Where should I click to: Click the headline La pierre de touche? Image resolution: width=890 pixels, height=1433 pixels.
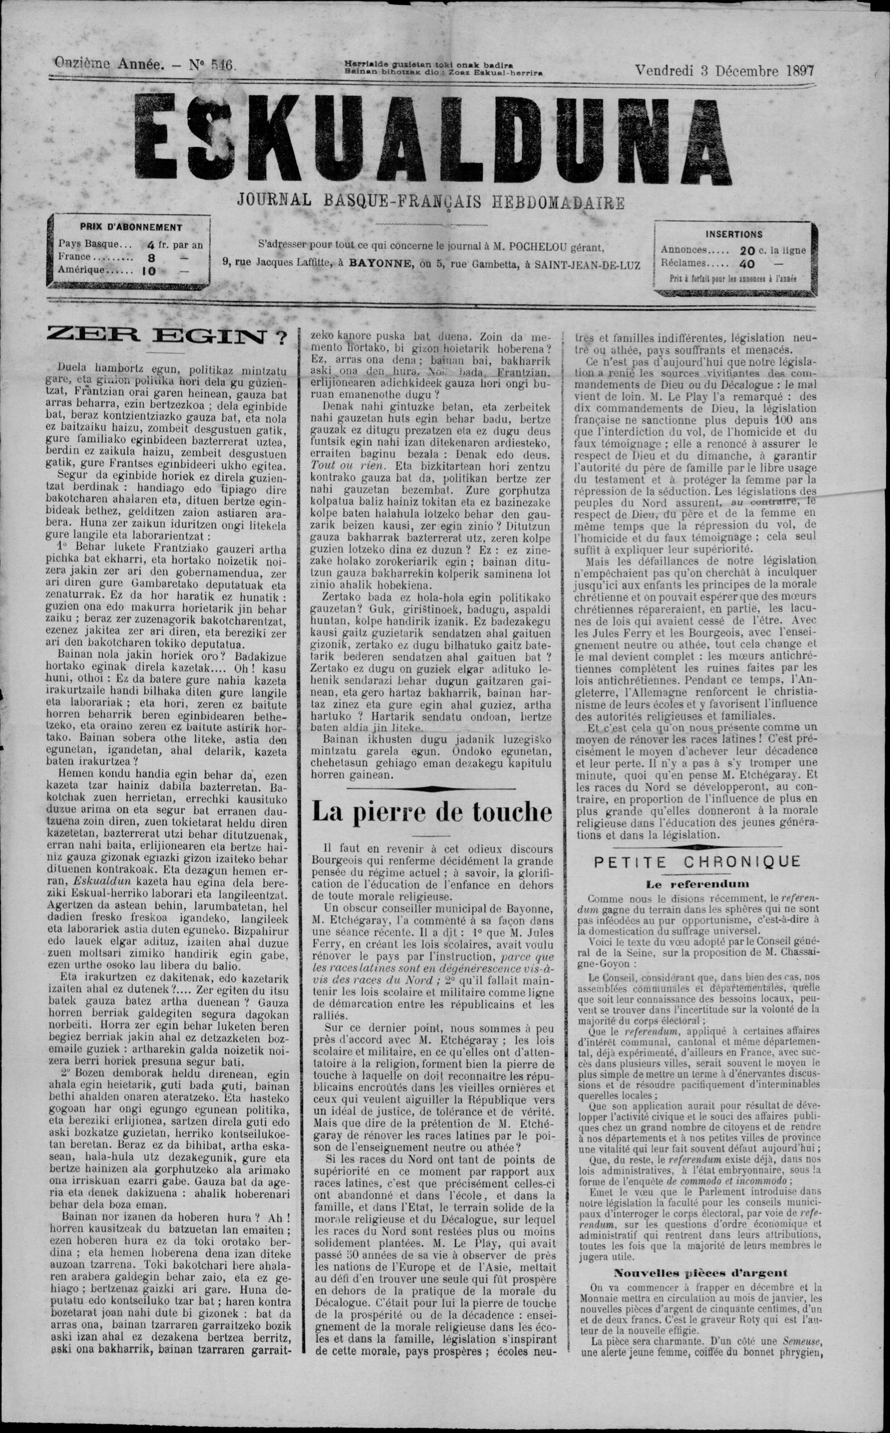(432, 812)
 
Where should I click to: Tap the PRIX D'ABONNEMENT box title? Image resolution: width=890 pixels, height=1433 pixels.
(131, 227)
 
